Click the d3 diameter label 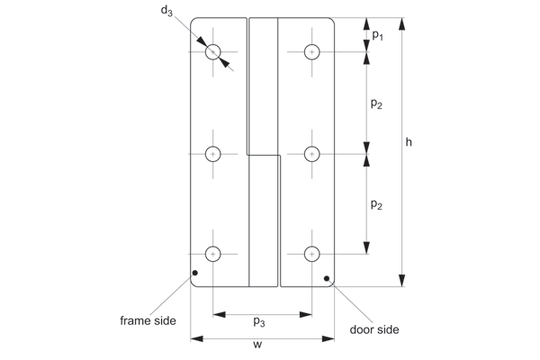point(166,11)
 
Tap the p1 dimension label point(377,35)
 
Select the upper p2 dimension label point(376,103)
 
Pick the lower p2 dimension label point(376,204)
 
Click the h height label point(409,142)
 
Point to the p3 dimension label point(259,322)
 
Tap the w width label point(257,344)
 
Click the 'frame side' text point(148,320)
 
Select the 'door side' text point(374,329)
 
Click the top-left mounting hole point(212,52)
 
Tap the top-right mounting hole point(312,52)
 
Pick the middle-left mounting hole point(212,154)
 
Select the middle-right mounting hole point(312,154)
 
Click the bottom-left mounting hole point(212,254)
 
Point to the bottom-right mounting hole point(312,254)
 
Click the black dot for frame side point(195,273)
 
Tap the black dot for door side point(327,278)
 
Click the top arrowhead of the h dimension point(401,23)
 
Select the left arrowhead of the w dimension point(196,339)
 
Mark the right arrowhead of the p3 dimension point(306,314)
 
